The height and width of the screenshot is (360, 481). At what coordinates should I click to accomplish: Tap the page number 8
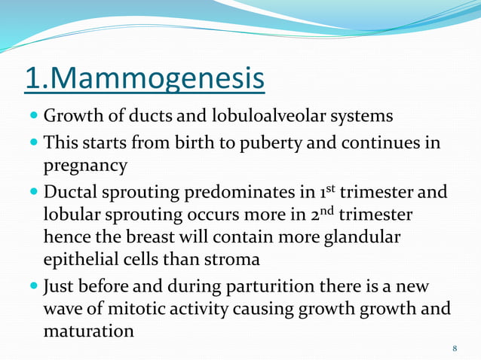(x=455, y=348)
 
